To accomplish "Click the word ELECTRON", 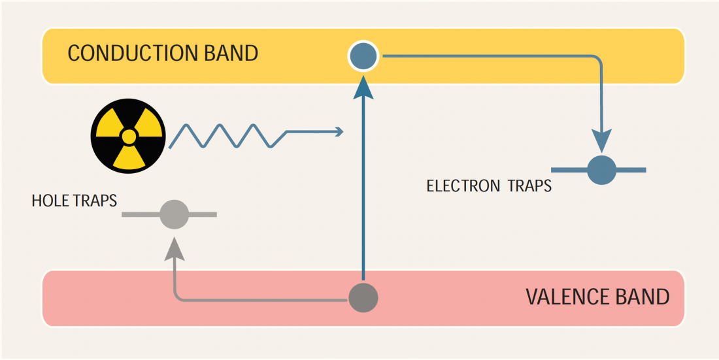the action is tap(463, 186).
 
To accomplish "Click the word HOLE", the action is tap(50, 201).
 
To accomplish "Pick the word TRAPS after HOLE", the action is tap(95, 201).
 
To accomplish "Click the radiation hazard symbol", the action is tap(129, 136).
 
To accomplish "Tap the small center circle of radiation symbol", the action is tap(129, 136).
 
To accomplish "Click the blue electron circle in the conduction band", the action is tap(363, 56).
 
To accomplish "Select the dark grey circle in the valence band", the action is tap(363, 298).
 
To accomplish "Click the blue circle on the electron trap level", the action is tap(601, 170).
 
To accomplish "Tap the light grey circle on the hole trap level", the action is tap(175, 214).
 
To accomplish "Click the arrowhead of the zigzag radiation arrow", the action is tap(339, 131).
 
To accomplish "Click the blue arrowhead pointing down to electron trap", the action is tap(601, 140).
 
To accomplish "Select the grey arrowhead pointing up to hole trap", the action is tap(175, 249).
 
